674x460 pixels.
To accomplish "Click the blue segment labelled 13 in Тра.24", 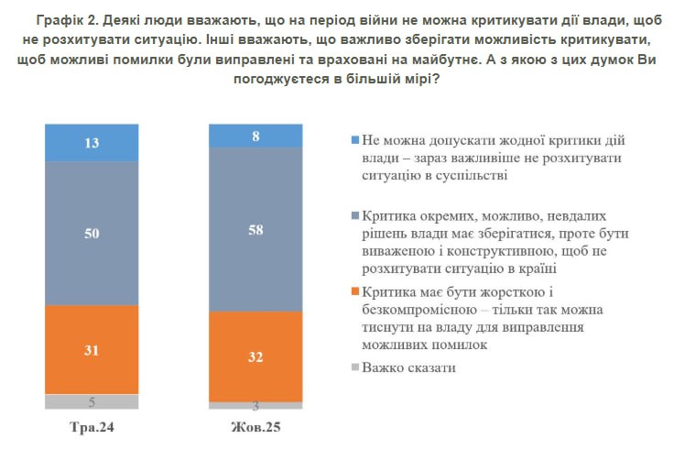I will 92,142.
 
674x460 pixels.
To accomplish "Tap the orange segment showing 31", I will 92,349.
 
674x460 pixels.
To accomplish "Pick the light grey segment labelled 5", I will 92,401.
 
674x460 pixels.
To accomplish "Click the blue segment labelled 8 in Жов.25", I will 255,135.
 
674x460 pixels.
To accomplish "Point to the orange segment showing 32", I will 255,356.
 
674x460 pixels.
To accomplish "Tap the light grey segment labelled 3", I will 255,405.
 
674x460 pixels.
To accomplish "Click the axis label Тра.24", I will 92,428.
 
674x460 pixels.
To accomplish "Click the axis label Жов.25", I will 255,428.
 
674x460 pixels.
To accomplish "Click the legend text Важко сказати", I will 408,367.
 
